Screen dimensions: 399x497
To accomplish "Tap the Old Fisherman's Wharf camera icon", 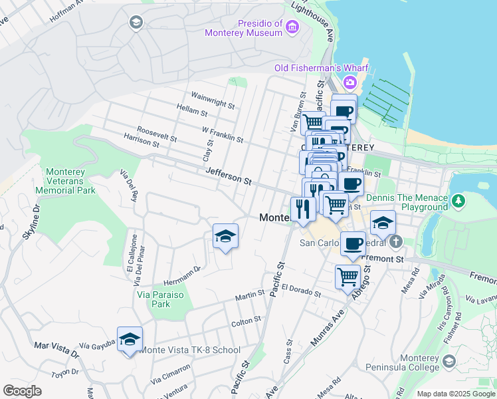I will pyautogui.click(x=349, y=82).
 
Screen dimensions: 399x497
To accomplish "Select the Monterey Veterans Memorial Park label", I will pyautogui.click(x=70, y=181).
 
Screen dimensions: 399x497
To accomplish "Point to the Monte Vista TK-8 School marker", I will pyautogui.click(x=130, y=339).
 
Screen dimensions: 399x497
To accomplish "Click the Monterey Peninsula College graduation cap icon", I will pyautogui.click(x=449, y=361).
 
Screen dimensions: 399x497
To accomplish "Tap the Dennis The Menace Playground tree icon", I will pyautogui.click(x=458, y=200).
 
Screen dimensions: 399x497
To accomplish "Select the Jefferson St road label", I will pyautogui.click(x=228, y=176).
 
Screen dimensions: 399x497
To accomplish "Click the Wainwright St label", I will pyautogui.click(x=213, y=100).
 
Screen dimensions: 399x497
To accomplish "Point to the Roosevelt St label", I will pyautogui.click(x=156, y=134).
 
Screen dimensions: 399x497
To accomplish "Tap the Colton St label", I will pyautogui.click(x=245, y=321).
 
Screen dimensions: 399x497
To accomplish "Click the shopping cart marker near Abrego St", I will pyautogui.click(x=348, y=276).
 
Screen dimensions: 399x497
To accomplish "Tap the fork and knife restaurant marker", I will pyautogui.click(x=302, y=209).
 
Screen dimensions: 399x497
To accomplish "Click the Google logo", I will pyautogui.click(x=22, y=391).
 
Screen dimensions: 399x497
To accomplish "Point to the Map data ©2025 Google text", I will pyautogui.click(x=455, y=394).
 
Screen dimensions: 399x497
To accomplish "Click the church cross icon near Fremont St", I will pyautogui.click(x=396, y=241).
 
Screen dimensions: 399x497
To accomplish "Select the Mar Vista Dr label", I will pyautogui.click(x=55, y=348).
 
